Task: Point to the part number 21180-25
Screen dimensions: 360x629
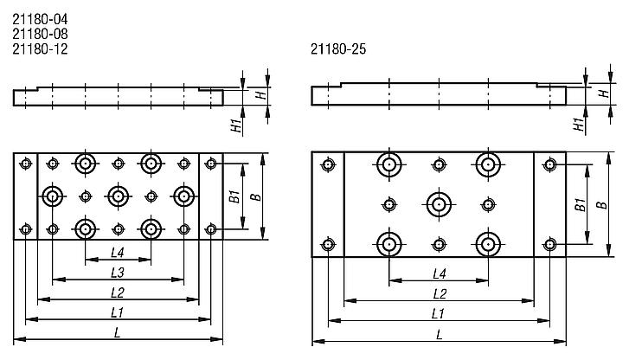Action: pyautogui.click(x=337, y=49)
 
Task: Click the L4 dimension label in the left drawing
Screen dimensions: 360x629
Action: pyautogui.click(x=119, y=253)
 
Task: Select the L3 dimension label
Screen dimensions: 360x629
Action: pyautogui.click(x=119, y=273)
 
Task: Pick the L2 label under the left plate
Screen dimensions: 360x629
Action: pyautogui.click(x=119, y=292)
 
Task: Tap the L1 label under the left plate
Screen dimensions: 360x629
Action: pyautogui.click(x=119, y=312)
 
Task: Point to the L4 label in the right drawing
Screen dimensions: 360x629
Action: pyautogui.click(x=439, y=273)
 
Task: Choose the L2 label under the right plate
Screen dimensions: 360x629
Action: pyautogui.click(x=439, y=293)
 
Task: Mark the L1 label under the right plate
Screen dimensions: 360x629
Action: pyautogui.click(x=439, y=313)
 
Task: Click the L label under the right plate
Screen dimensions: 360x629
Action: pyautogui.click(x=439, y=334)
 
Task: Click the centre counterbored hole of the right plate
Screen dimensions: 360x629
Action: pyautogui.click(x=439, y=205)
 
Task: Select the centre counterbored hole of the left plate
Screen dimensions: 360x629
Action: pyautogui.click(x=119, y=196)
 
